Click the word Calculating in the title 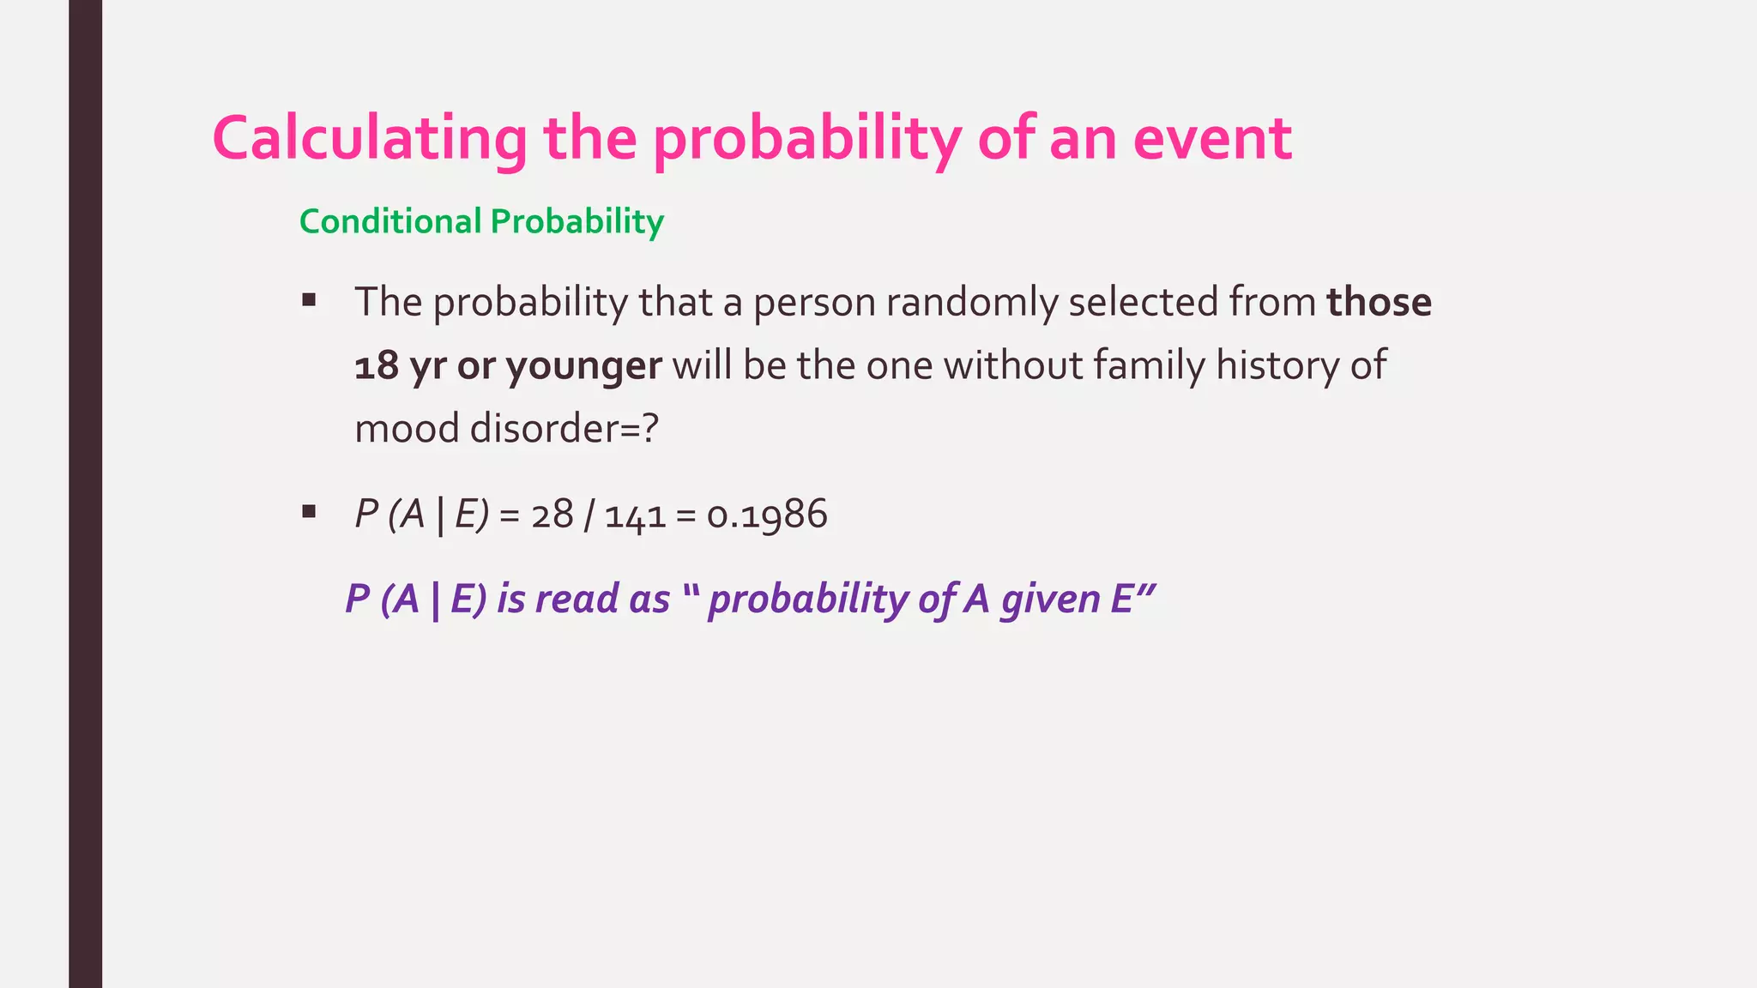(369, 139)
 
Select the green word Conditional (390, 222)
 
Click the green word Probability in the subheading (577, 222)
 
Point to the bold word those (1379, 302)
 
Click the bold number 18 (377, 366)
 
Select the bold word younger (583, 366)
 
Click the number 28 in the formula (552, 515)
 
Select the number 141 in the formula (636, 515)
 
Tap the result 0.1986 (767, 515)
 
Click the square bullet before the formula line (309, 513)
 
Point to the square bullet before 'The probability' (309, 301)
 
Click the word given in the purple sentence (1050, 599)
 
